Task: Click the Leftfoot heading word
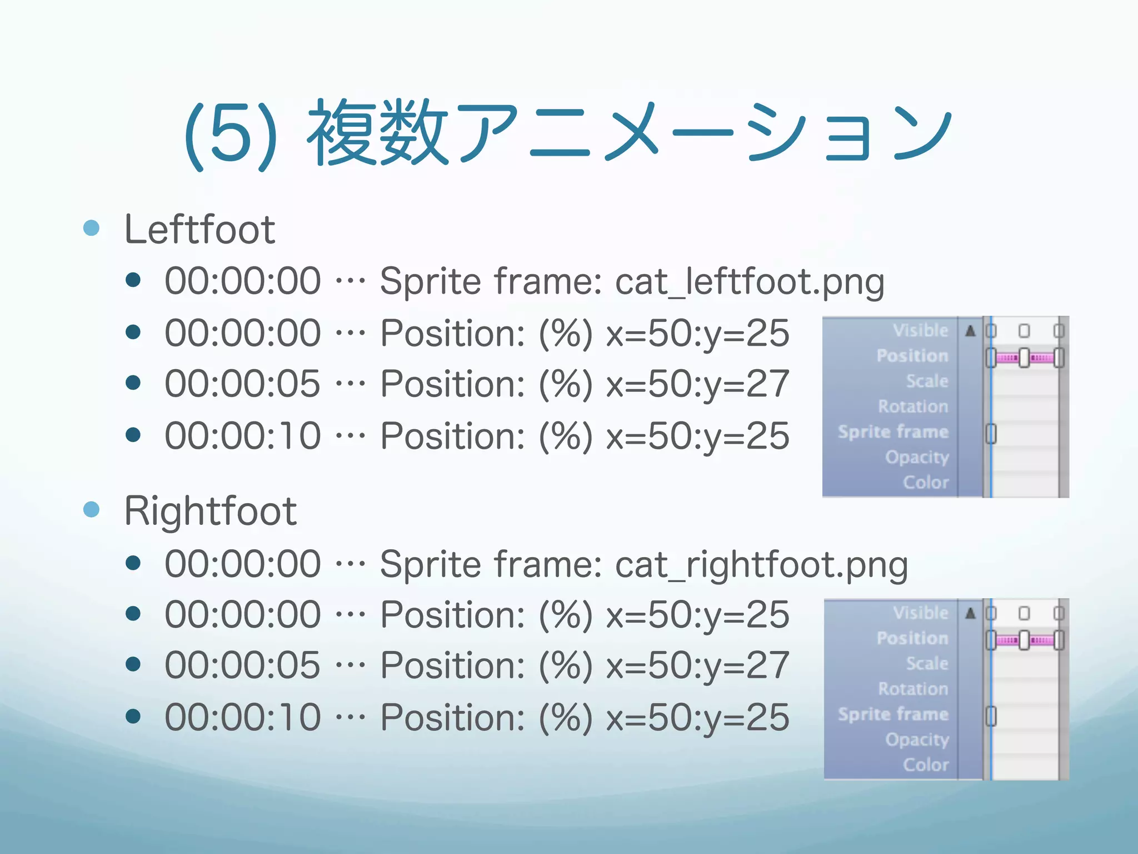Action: point(199,229)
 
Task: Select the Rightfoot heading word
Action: point(211,511)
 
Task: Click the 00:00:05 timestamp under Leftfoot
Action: point(243,384)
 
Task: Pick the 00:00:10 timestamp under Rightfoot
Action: point(243,717)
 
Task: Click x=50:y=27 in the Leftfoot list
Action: point(697,384)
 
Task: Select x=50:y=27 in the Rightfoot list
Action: point(697,666)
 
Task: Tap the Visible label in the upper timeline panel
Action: point(920,330)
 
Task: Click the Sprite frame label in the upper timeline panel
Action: point(893,432)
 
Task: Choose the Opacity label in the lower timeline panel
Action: point(917,739)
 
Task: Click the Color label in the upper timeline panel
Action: point(926,482)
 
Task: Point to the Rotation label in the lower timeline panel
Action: point(913,689)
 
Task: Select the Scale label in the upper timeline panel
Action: point(927,381)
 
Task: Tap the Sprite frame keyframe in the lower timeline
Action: point(991,716)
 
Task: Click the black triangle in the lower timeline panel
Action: point(970,613)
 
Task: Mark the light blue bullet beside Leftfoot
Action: point(91,228)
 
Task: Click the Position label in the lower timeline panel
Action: point(912,638)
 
